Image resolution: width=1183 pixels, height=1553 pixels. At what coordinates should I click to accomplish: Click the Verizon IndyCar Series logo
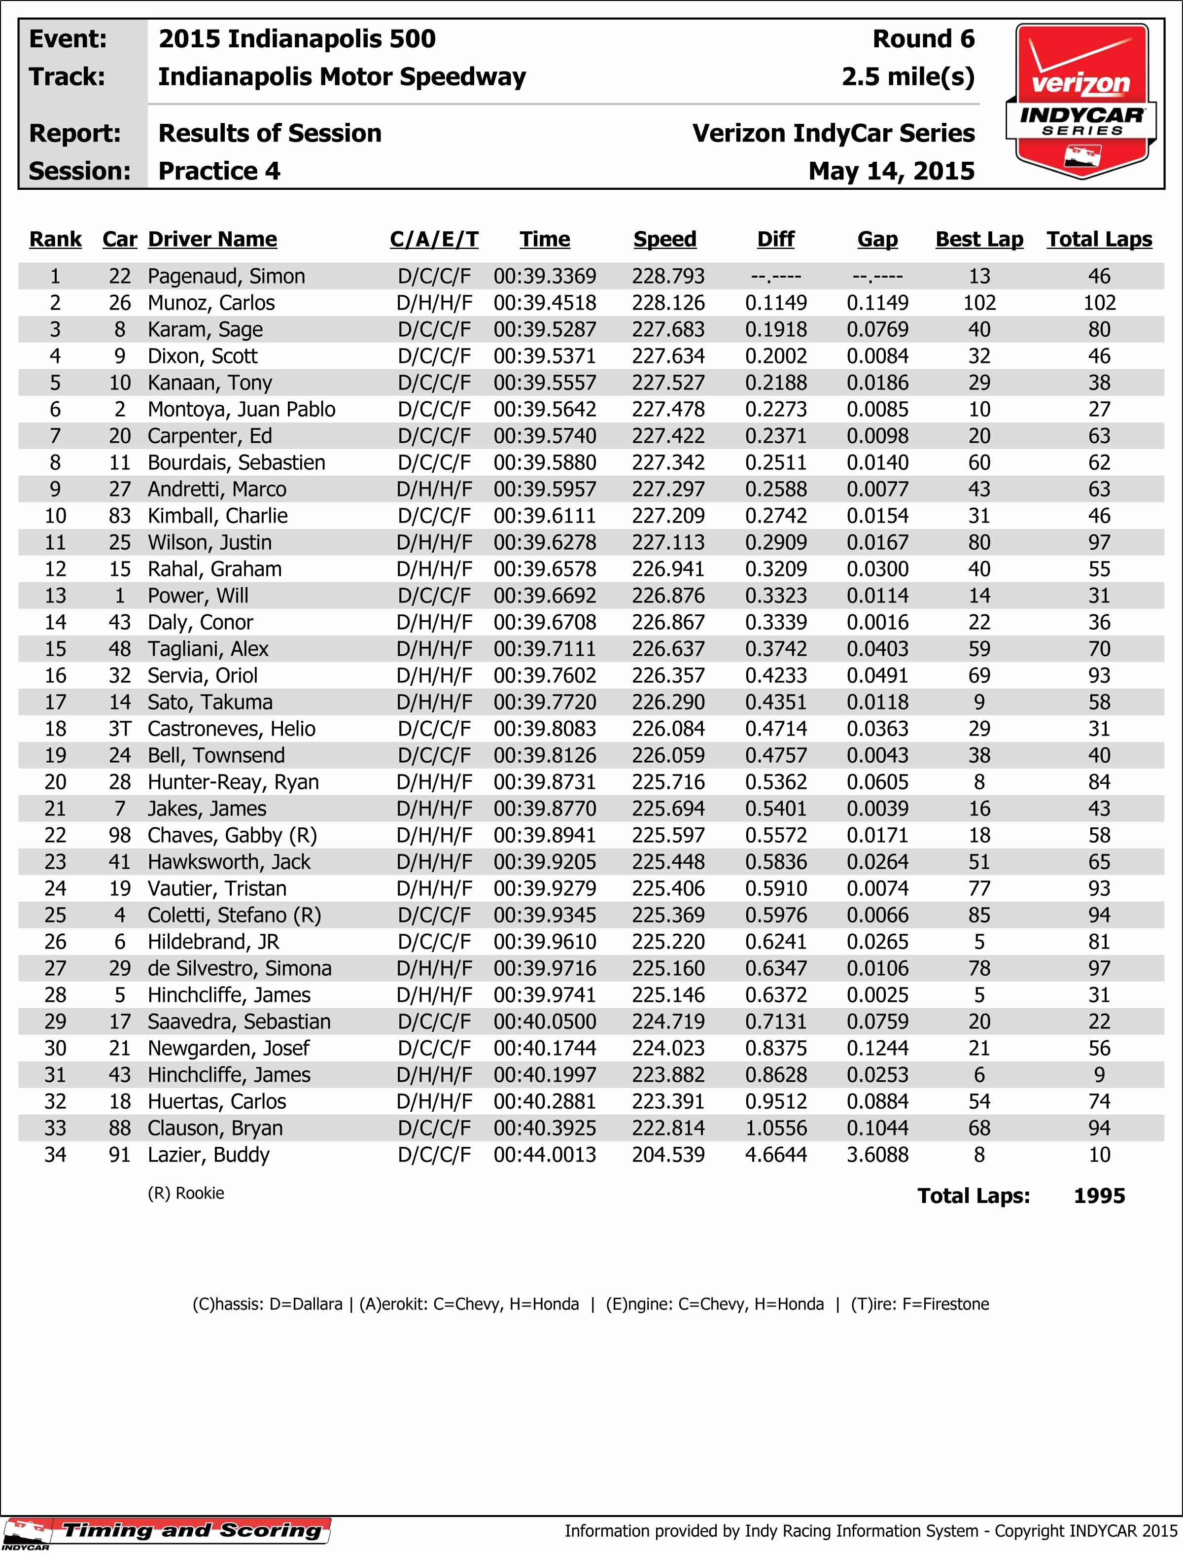click(x=1081, y=101)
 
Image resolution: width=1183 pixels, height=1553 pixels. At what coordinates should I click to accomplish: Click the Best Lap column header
click(x=979, y=240)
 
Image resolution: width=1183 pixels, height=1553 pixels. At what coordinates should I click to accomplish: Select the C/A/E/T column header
click(x=434, y=240)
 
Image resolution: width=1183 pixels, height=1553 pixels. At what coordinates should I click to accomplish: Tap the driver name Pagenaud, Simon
click(x=226, y=276)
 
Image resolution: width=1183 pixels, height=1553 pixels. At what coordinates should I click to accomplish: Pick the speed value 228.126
click(x=667, y=303)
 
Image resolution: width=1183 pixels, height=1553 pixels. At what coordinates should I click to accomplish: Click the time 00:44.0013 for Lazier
click(x=544, y=1155)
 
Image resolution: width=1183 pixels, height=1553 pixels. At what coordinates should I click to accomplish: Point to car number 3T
click(x=120, y=729)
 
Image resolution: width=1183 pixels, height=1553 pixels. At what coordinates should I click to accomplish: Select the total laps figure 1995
click(x=1099, y=1196)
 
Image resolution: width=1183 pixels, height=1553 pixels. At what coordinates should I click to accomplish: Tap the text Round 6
click(x=923, y=39)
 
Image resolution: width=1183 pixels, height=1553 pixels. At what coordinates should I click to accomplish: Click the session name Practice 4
click(x=219, y=171)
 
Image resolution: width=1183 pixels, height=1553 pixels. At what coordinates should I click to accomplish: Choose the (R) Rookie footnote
click(x=186, y=1193)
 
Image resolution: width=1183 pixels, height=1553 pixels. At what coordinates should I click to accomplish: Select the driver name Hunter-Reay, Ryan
click(x=233, y=782)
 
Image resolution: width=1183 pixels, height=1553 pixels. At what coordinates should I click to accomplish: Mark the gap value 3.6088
click(x=877, y=1155)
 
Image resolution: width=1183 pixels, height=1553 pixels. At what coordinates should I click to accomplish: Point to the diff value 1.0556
click(x=775, y=1129)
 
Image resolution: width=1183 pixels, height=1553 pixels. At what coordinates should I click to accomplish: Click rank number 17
click(x=55, y=702)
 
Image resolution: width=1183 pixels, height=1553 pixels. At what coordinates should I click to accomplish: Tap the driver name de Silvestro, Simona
click(x=240, y=968)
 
